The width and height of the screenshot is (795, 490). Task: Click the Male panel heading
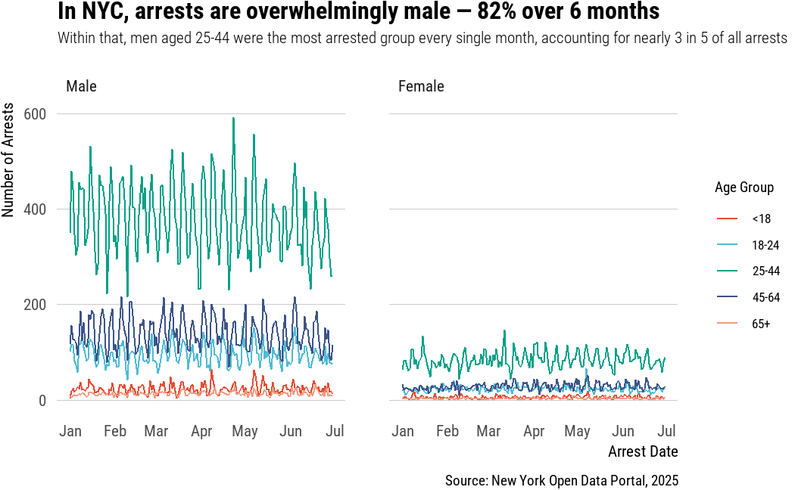(x=81, y=86)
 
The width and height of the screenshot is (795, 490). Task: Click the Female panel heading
(x=421, y=86)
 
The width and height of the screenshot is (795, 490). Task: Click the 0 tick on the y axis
(x=42, y=400)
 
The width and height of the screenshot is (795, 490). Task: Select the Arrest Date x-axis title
(x=643, y=451)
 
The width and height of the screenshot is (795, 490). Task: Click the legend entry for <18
(x=760, y=219)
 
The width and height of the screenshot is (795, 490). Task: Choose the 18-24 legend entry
(x=765, y=245)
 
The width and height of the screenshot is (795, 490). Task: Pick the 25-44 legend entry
(x=765, y=271)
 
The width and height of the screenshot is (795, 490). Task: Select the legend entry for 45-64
(x=765, y=298)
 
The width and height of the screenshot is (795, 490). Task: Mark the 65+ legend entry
(x=760, y=324)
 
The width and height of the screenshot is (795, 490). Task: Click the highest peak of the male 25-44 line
(x=233, y=118)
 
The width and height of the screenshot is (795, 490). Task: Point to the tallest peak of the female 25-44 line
(x=503, y=330)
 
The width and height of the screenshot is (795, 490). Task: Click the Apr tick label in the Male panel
(x=201, y=431)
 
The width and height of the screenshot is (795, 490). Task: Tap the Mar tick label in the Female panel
(x=488, y=431)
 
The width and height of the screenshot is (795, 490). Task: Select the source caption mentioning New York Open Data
(x=561, y=480)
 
